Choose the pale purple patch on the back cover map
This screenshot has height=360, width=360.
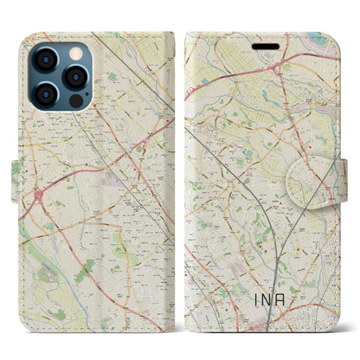110,157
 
